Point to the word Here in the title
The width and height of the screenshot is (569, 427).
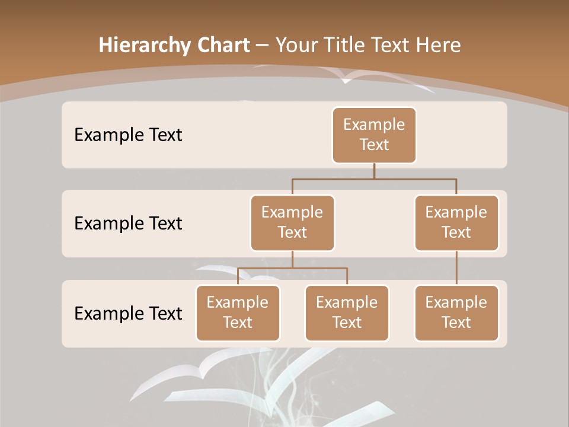(x=439, y=45)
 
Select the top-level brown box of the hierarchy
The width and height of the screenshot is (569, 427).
(x=374, y=135)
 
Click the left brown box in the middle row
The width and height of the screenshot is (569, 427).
(x=292, y=223)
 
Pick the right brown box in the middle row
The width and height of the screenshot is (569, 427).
(x=456, y=223)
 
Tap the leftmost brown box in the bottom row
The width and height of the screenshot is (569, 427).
(x=238, y=313)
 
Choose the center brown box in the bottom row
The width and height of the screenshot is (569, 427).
(x=347, y=313)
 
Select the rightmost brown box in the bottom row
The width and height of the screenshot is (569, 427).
(x=456, y=313)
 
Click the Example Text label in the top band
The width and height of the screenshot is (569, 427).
(x=128, y=135)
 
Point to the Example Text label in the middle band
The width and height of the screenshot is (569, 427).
(x=128, y=224)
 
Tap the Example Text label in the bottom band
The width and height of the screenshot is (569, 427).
(x=128, y=313)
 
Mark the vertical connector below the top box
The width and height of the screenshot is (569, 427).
(x=374, y=171)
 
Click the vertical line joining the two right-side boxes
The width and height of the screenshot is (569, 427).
(x=456, y=268)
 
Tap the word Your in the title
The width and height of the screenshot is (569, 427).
(x=296, y=45)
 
